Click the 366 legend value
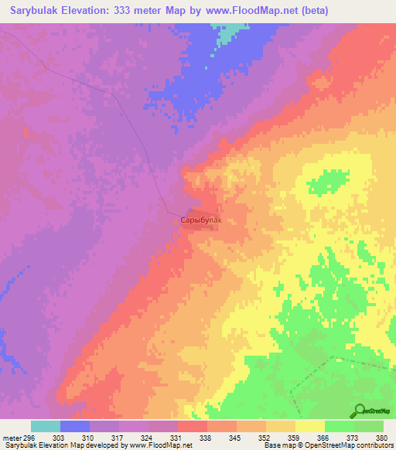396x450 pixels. [325, 437]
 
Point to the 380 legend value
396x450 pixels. [382, 437]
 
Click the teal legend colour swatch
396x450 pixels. [46, 426]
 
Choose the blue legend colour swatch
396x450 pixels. [75, 426]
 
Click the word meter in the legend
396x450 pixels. [12, 437]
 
